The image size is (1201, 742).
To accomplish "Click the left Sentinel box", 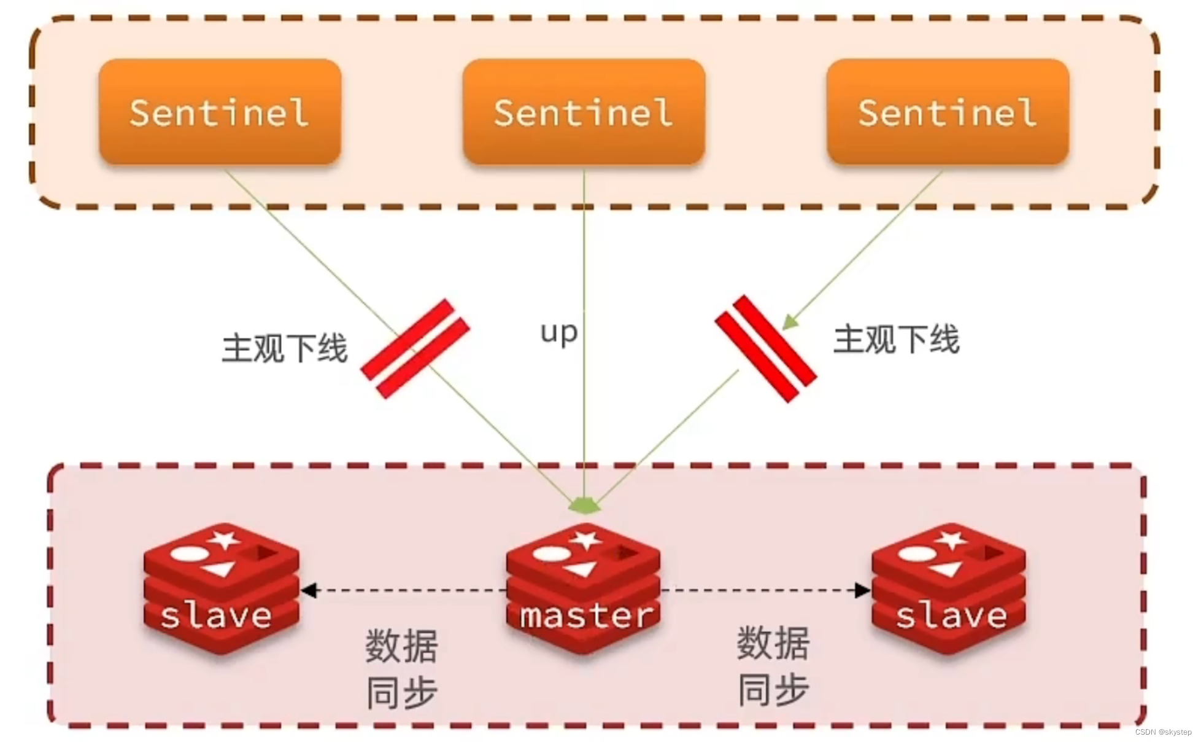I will click(220, 112).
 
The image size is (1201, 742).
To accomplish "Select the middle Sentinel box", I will click(584, 112).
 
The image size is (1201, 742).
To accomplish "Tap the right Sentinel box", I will click(948, 112).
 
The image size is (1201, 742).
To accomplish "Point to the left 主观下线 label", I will click(285, 348).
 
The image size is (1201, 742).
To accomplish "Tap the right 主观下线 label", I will click(896, 340).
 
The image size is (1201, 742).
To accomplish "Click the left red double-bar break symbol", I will click(415, 348).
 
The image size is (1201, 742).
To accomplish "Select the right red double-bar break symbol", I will click(766, 348).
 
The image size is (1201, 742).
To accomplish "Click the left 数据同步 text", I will click(402, 669).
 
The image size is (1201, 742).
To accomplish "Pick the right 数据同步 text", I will click(773, 666).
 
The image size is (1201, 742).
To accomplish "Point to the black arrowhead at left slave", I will click(309, 590).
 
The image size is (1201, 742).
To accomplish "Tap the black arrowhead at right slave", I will click(863, 590).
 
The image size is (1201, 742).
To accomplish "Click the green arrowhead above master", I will click(584, 506).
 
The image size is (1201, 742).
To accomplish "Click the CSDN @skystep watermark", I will click(1163, 732).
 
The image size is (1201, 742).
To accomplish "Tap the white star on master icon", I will click(585, 540).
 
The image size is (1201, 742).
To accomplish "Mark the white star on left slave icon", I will click(224, 540).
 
